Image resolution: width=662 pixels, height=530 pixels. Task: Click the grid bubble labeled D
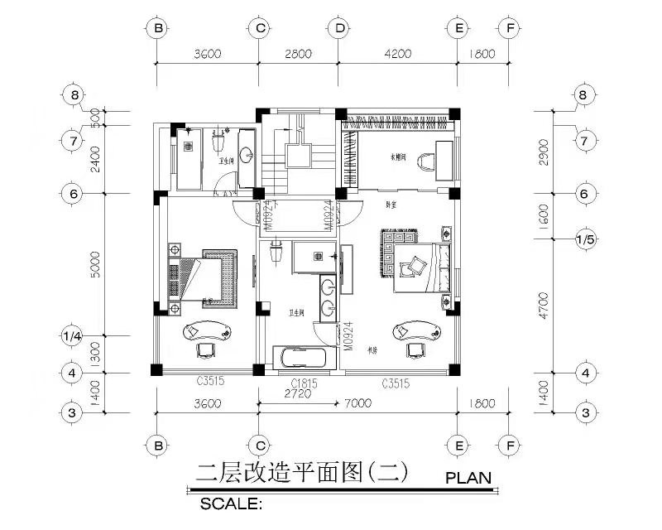click(x=339, y=28)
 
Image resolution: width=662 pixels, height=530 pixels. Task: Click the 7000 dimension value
click(x=358, y=404)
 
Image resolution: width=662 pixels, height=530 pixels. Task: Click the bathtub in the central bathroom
click(x=305, y=359)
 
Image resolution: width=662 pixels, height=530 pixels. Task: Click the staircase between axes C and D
click(x=297, y=157)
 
